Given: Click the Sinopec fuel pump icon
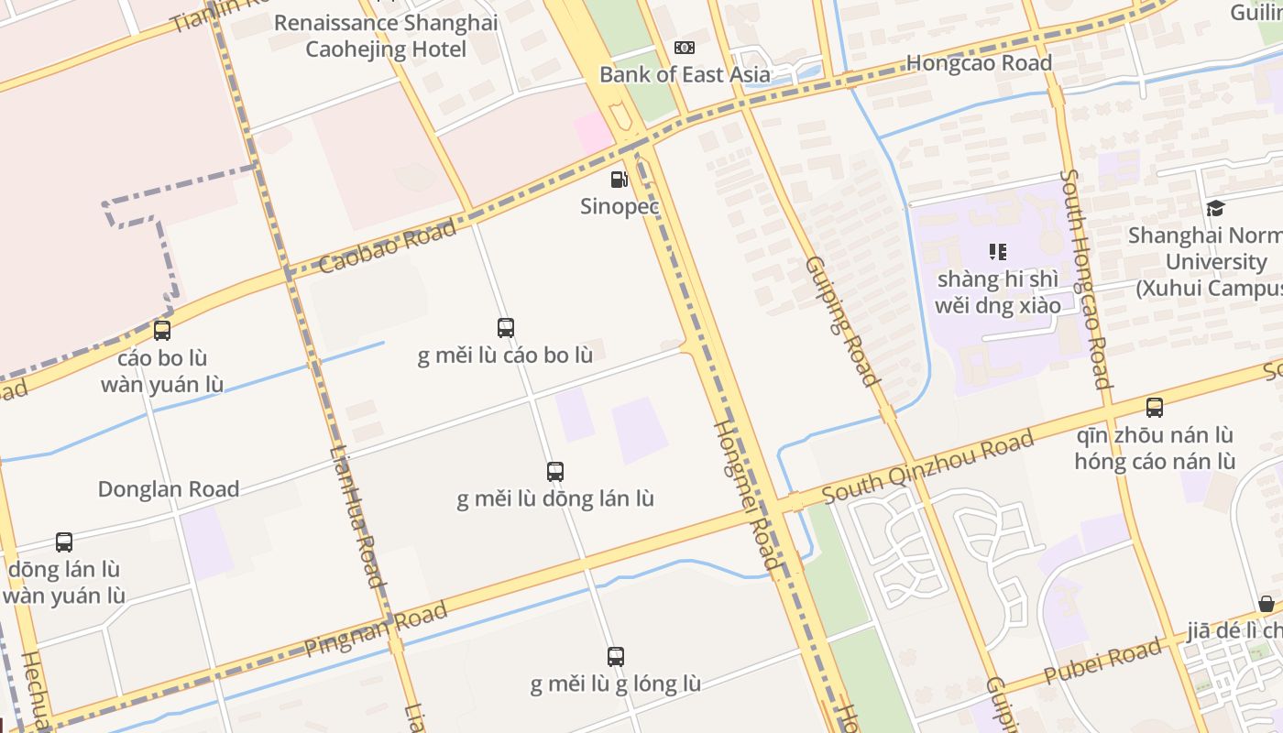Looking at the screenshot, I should click(620, 180).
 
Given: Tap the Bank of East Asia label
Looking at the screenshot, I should click(685, 74).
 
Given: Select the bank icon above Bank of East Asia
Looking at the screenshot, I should click(685, 48).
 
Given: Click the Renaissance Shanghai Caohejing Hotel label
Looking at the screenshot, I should click(386, 36).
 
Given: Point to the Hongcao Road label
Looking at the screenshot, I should click(979, 63).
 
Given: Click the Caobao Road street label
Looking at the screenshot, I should click(388, 246).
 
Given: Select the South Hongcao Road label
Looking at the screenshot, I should click(1086, 279).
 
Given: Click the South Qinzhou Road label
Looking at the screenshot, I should click(927, 468).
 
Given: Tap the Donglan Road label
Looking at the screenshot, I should click(169, 489).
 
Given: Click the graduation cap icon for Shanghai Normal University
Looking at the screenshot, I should click(1215, 209).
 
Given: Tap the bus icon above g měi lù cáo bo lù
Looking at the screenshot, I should click(505, 327).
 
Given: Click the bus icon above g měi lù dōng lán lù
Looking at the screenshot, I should click(555, 472).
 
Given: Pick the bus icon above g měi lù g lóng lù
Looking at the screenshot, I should click(616, 656).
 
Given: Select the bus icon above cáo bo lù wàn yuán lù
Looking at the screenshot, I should click(162, 331).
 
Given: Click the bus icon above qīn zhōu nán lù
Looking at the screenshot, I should click(1155, 408).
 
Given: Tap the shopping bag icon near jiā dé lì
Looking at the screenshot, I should click(1266, 604).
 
